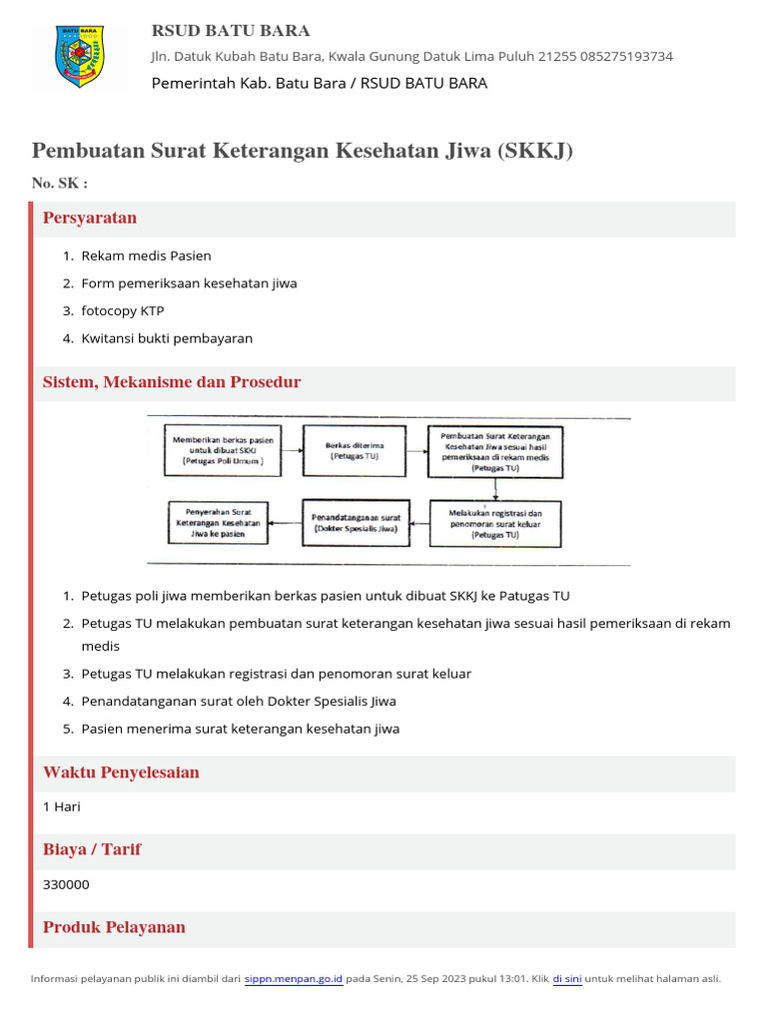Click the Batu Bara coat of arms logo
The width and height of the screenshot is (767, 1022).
[x=81, y=56]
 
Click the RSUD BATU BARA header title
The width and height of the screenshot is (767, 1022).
[x=230, y=30]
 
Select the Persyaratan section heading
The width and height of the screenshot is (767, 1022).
[x=90, y=218]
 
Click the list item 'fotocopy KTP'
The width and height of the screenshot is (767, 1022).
[x=123, y=310]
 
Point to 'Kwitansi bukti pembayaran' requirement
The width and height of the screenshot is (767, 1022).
[x=167, y=338]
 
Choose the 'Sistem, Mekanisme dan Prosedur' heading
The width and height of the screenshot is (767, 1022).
[x=172, y=382]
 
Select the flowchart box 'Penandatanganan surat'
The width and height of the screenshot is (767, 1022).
[x=356, y=523]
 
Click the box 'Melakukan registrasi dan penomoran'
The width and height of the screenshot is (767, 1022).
[x=495, y=523]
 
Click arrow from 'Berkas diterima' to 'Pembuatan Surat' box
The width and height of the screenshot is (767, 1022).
[x=417, y=450]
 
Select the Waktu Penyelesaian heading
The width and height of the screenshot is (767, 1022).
[x=121, y=772]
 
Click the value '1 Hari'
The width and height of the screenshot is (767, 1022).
[x=62, y=806]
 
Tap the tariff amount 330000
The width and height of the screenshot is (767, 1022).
[x=66, y=884]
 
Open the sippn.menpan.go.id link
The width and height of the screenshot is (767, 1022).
[x=294, y=979]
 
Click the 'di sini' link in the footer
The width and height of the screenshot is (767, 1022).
[x=567, y=979]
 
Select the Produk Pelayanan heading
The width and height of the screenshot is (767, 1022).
[x=114, y=927]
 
